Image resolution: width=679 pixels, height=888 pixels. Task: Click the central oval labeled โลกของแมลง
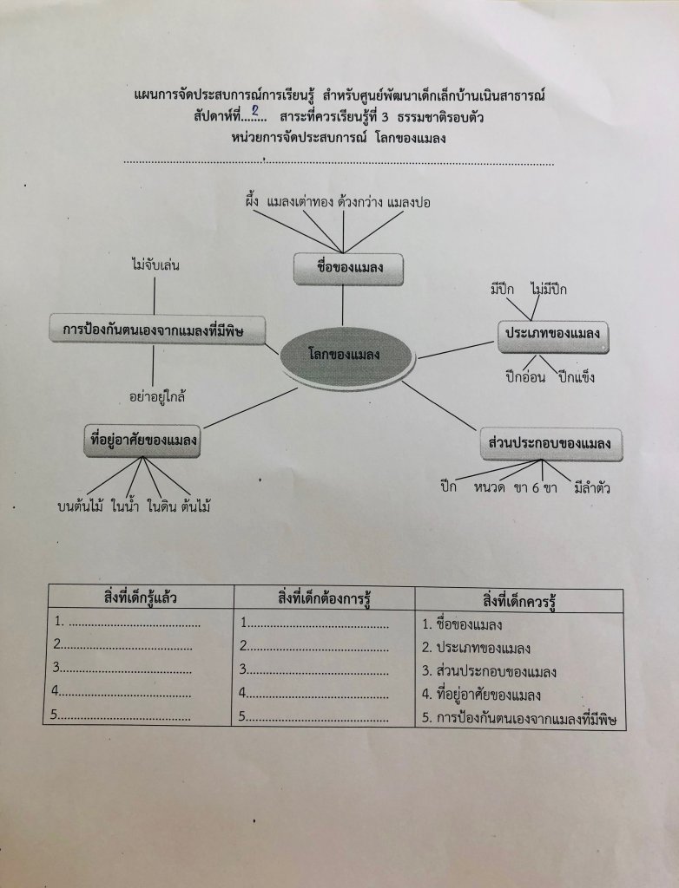point(346,355)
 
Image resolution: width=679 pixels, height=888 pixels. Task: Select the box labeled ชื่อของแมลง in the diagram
point(348,270)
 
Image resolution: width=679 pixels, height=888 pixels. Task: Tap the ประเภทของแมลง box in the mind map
point(553,335)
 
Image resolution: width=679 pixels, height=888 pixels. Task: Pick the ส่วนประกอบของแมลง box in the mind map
point(550,444)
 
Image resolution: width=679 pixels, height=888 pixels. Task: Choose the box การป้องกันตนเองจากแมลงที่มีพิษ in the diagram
point(156,329)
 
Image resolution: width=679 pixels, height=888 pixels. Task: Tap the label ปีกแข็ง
point(577,377)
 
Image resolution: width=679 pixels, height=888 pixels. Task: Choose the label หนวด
point(490,487)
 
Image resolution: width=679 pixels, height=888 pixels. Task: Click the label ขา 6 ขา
point(535,487)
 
